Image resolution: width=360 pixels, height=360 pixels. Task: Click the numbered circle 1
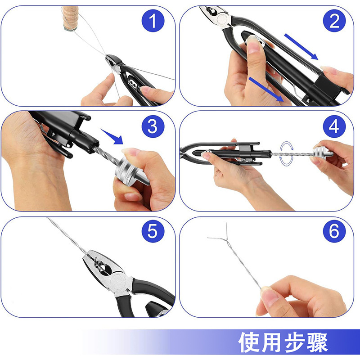153,20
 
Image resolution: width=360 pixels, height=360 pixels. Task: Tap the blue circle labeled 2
334,20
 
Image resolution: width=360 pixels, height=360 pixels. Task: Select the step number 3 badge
153,126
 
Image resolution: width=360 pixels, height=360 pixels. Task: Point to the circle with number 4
334,126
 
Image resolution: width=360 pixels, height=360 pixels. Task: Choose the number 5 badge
153,231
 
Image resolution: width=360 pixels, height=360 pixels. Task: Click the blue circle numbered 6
334,231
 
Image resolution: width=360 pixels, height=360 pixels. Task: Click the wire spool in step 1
71,18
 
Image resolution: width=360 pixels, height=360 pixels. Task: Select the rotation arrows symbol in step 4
286,153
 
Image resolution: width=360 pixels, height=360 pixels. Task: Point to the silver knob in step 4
323,152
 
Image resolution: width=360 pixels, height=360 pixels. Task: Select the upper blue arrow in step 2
301,47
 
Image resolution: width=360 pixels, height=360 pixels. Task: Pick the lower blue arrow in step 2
266,89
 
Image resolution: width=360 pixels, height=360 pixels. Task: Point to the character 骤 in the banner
317,342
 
